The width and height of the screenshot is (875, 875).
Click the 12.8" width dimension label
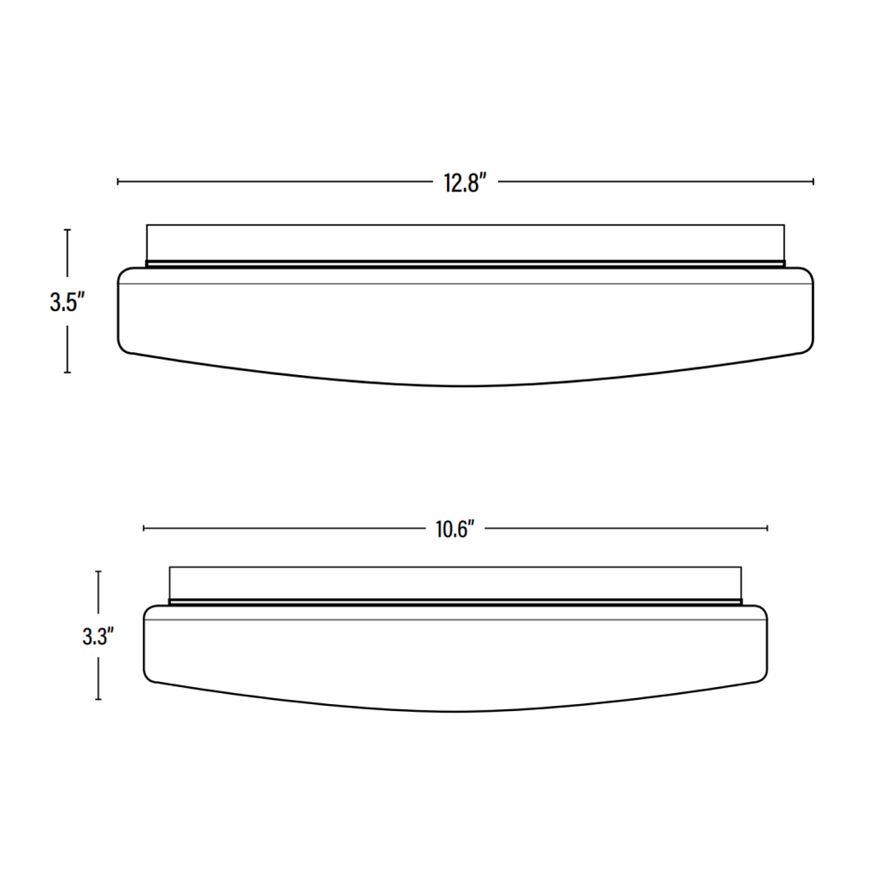point(465,182)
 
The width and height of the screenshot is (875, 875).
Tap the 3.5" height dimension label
point(67,302)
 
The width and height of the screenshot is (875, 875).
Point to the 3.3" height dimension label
point(98,637)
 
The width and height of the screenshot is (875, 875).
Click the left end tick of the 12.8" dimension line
point(118,181)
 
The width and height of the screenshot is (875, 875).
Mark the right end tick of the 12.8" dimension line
point(813,181)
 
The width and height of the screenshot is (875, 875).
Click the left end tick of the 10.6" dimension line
point(144,529)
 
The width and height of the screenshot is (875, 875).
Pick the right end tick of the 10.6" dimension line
point(766,529)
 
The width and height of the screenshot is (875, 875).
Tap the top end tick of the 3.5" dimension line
point(68,229)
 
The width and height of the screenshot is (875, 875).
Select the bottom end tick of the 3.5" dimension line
point(68,373)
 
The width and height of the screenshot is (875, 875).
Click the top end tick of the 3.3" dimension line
point(98,572)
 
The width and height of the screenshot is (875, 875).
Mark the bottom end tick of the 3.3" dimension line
point(98,700)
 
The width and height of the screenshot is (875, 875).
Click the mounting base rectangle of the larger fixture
point(465,243)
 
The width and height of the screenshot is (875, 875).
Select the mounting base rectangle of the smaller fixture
point(455,583)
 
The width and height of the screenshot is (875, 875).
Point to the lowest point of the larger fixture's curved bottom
point(465,385)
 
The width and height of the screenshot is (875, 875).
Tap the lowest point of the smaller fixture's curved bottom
point(455,711)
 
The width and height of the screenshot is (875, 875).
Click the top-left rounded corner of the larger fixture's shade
point(123,273)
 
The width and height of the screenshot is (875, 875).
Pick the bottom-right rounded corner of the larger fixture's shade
point(807,347)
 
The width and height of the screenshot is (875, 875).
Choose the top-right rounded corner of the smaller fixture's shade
point(761,610)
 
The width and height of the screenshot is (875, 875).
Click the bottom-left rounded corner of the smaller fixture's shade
point(150,678)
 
